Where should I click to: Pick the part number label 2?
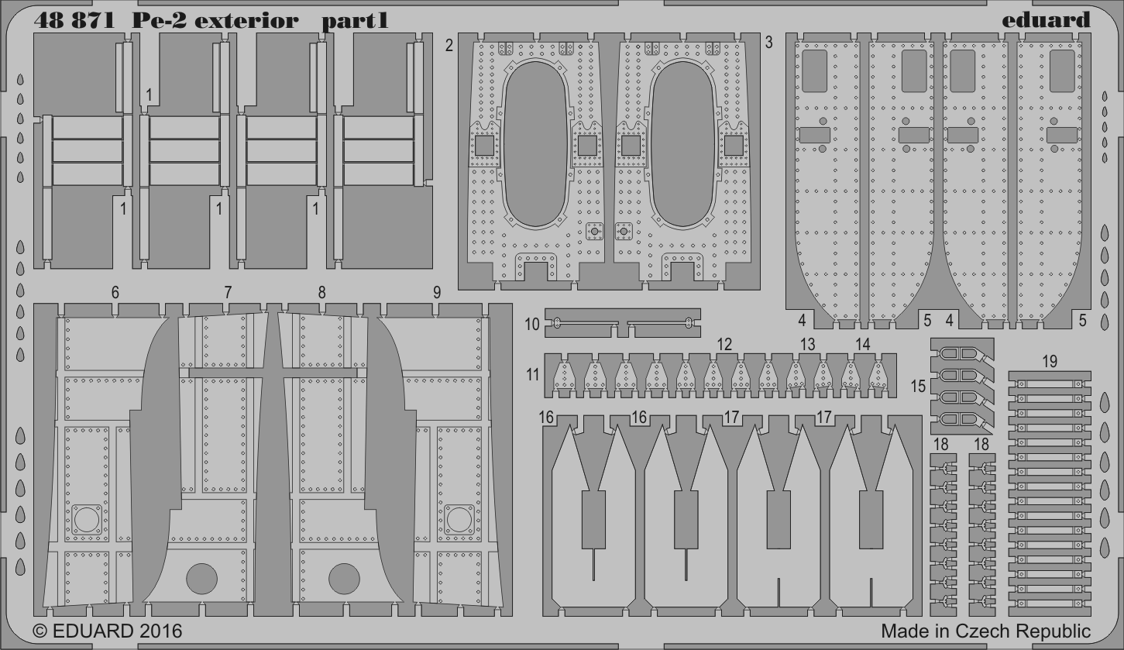[449, 46]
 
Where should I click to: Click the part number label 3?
[768, 43]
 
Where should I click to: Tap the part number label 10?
[532, 325]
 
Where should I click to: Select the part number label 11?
[533, 374]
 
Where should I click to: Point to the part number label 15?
[918, 386]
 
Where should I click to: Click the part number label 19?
[1050, 361]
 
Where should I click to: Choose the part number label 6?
[115, 293]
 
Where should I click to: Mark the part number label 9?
[437, 293]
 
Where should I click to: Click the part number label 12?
[724, 344]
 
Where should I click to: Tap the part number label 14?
[863, 344]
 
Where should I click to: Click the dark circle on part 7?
[201, 579]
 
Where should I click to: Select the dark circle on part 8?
[344, 579]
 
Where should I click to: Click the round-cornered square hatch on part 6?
[86, 520]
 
